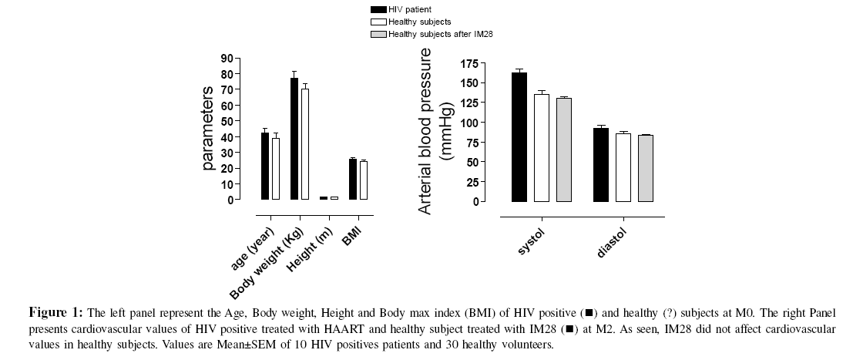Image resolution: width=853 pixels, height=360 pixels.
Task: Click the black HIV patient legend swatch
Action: click(x=378, y=9)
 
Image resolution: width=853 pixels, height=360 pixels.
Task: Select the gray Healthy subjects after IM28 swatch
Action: click(x=378, y=34)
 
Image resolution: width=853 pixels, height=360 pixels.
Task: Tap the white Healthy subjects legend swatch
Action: click(x=378, y=22)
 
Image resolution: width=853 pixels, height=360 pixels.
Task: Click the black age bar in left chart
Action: click(x=265, y=166)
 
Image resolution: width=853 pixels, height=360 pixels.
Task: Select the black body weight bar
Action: click(x=294, y=139)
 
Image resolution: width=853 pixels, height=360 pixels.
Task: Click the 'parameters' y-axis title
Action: click(x=208, y=129)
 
